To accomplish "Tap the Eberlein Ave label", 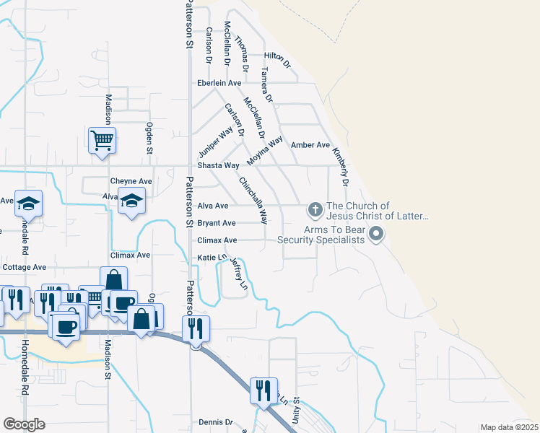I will click(x=219, y=83).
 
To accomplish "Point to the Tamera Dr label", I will click(x=267, y=86).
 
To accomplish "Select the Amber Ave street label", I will click(x=310, y=145).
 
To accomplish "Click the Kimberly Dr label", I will click(x=340, y=168).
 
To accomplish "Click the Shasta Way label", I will click(x=218, y=165).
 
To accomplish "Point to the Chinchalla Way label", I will click(x=253, y=200).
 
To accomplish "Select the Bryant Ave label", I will click(x=217, y=223).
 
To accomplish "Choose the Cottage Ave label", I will click(x=25, y=267).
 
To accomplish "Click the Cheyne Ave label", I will click(x=131, y=181).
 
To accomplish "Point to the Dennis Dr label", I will click(x=215, y=422).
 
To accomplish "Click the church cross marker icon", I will click(x=315, y=210).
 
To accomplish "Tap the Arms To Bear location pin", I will click(x=375, y=234).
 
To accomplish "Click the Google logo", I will click(x=25, y=424).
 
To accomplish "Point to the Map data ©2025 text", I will click(x=508, y=427).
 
